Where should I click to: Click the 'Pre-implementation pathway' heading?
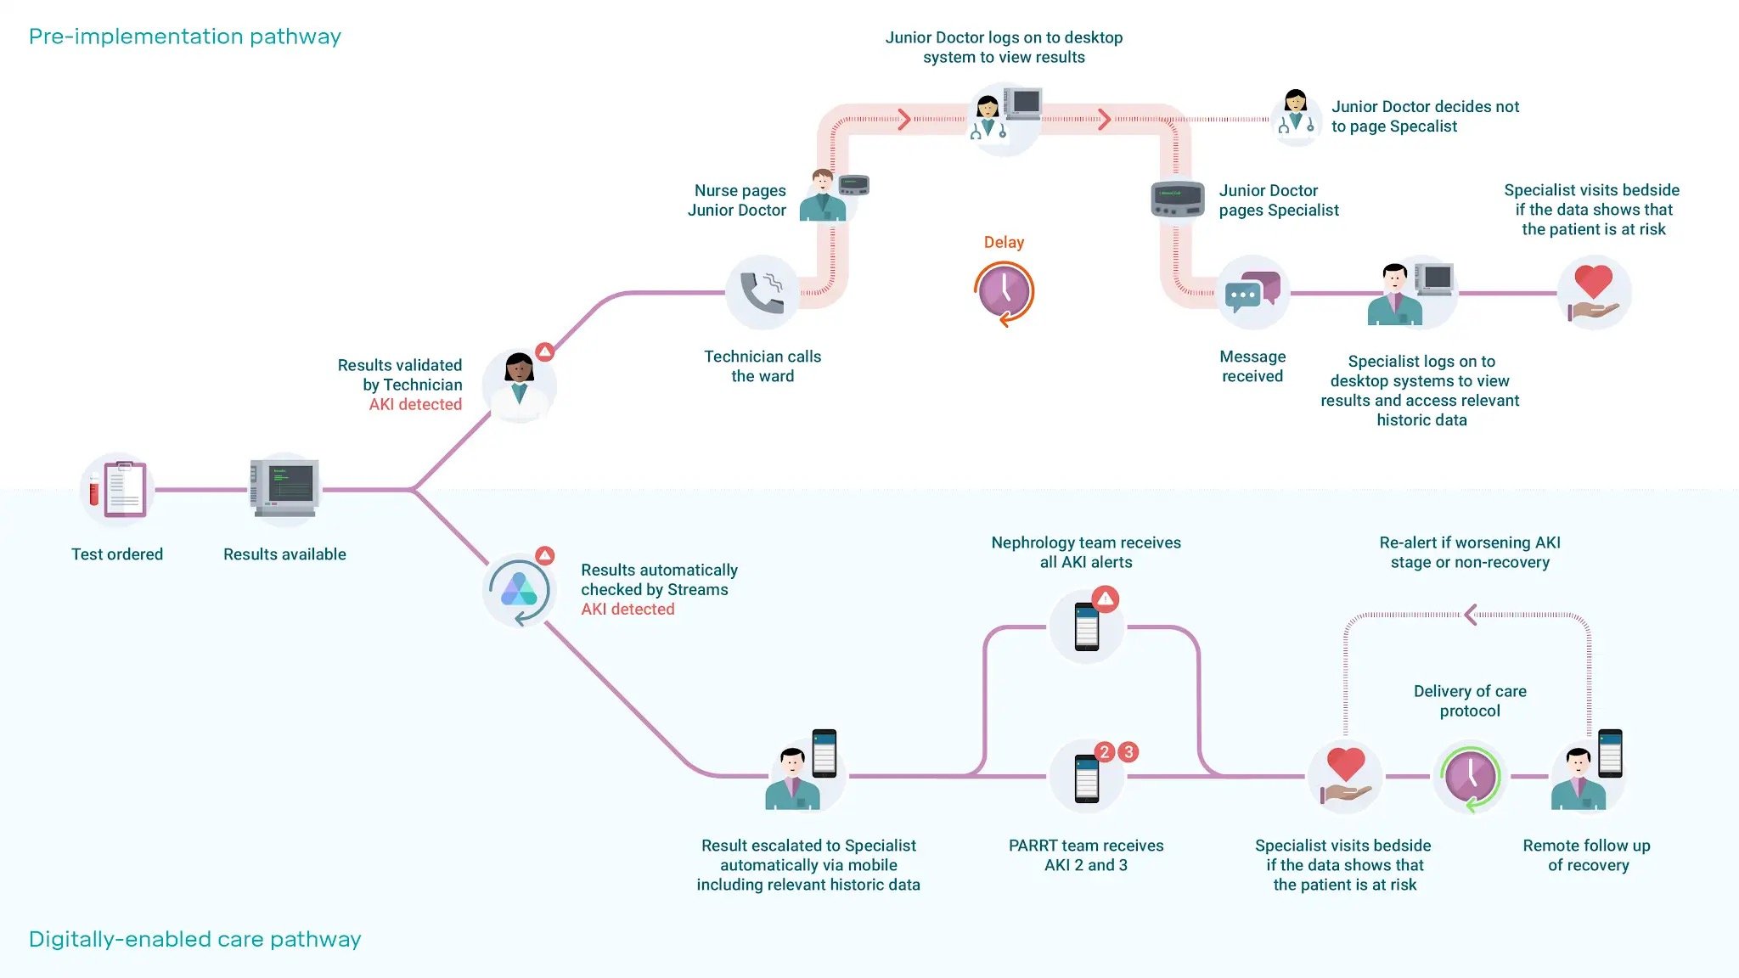click(x=184, y=37)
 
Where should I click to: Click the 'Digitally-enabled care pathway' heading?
click(x=194, y=939)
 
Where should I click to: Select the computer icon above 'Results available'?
click(x=284, y=487)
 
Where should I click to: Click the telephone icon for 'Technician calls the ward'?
click(x=762, y=292)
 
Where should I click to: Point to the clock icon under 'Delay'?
click(x=1004, y=292)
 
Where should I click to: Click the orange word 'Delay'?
click(x=1004, y=242)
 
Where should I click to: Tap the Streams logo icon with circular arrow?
click(x=519, y=589)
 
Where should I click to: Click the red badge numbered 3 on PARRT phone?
click(x=1128, y=751)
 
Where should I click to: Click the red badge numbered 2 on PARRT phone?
click(x=1104, y=751)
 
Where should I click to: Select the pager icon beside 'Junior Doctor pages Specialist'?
click(x=1178, y=200)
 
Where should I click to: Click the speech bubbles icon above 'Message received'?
click(x=1252, y=292)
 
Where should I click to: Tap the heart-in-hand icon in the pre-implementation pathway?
click(x=1593, y=292)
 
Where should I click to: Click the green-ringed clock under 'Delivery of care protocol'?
click(x=1470, y=776)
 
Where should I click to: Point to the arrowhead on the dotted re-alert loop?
click(x=1471, y=615)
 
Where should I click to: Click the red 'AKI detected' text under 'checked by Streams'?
click(x=628, y=610)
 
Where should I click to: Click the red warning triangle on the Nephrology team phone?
click(x=1105, y=599)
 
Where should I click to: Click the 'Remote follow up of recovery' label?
click(x=1587, y=855)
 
